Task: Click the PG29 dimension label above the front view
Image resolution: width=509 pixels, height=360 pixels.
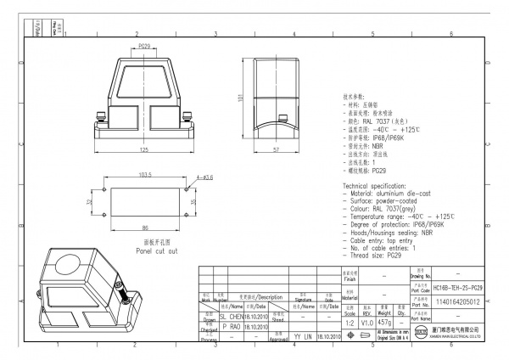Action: click(x=143, y=47)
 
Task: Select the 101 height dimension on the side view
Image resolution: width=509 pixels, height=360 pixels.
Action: click(x=240, y=97)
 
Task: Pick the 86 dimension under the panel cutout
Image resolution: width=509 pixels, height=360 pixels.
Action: click(x=144, y=228)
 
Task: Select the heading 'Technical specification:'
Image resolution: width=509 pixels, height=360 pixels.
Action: click(x=379, y=185)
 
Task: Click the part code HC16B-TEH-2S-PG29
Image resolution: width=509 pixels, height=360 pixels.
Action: click(x=458, y=289)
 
